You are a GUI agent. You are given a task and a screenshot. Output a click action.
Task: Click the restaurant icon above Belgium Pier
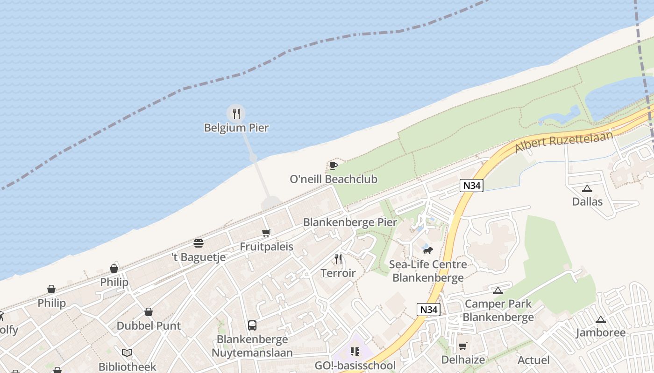click(236, 113)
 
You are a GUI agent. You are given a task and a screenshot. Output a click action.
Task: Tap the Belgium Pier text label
click(236, 127)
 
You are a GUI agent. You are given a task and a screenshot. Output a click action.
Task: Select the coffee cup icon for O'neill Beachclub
click(333, 166)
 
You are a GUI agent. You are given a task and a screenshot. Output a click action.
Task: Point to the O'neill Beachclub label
click(334, 179)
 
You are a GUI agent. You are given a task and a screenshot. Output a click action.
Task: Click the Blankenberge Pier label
click(350, 222)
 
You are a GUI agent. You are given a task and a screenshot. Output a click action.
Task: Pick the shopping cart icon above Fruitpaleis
click(266, 233)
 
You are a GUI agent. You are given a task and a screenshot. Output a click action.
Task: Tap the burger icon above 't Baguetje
click(199, 243)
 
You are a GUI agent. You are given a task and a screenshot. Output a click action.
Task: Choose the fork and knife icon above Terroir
click(338, 259)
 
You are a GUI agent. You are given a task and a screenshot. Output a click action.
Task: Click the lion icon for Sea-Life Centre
click(428, 251)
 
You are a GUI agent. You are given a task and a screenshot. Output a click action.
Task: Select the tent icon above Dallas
click(587, 188)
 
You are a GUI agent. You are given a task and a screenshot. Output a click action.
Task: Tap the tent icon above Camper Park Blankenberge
click(498, 290)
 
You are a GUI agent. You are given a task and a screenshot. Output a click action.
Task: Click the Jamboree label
click(600, 332)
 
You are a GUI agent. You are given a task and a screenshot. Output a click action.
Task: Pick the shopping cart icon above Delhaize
click(462, 346)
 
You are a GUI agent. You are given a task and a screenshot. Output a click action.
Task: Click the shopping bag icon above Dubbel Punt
click(149, 312)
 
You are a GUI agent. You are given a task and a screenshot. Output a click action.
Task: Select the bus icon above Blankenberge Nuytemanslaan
click(252, 325)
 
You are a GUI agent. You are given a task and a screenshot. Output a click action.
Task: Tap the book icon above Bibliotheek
click(127, 353)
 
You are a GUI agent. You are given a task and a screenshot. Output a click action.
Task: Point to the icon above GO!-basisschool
click(355, 351)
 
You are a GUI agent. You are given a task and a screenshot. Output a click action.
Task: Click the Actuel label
click(533, 360)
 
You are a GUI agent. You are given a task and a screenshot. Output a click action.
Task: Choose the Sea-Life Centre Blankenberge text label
click(428, 271)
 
